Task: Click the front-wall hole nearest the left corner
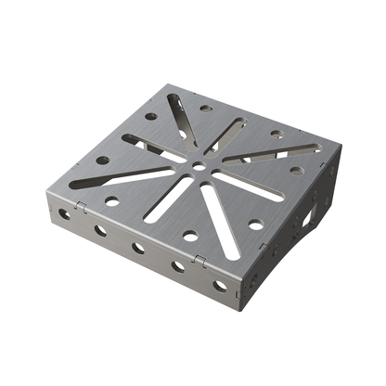tap(65, 213)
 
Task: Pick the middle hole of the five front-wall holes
tap(138, 248)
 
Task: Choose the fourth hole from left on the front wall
tap(178, 266)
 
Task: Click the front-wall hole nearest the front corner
tap(221, 286)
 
